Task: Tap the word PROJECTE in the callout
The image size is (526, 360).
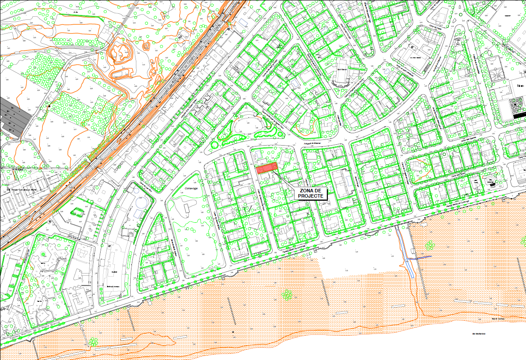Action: pyautogui.click(x=311, y=196)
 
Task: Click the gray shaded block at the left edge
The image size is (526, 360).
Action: pyautogui.click(x=13, y=115)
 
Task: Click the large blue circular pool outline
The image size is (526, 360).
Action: pyautogui.click(x=142, y=204)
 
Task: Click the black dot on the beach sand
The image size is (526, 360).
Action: pyautogui.click(x=233, y=331)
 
